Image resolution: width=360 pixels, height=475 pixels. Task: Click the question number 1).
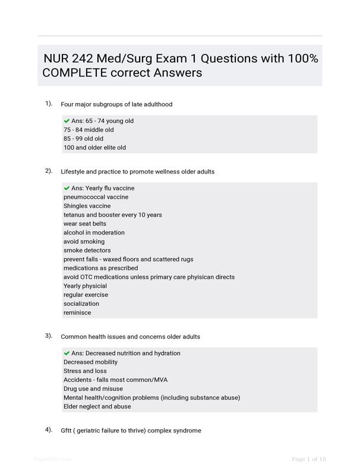click(x=49, y=103)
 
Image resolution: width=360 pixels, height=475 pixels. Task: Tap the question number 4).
click(x=49, y=429)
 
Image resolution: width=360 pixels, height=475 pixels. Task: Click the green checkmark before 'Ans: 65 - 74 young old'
click(x=67, y=121)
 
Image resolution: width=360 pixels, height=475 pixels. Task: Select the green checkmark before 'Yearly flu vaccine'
click(x=67, y=188)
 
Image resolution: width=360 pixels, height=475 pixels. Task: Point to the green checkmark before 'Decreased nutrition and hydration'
click(x=67, y=353)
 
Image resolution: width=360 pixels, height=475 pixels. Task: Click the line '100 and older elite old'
click(x=94, y=147)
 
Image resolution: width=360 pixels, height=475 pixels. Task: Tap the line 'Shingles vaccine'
click(x=87, y=206)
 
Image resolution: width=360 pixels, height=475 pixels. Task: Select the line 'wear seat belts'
click(x=85, y=224)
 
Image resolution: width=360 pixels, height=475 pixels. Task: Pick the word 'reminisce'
click(x=77, y=312)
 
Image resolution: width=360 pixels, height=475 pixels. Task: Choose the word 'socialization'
click(x=81, y=303)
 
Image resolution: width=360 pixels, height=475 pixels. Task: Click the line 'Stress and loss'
click(x=86, y=371)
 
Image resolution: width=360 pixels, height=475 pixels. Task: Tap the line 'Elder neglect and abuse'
click(x=97, y=407)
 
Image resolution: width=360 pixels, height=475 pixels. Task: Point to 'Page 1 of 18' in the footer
click(x=308, y=459)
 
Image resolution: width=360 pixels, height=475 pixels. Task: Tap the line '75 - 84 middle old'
click(x=89, y=129)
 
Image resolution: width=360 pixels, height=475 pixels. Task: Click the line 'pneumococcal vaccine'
click(x=96, y=197)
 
